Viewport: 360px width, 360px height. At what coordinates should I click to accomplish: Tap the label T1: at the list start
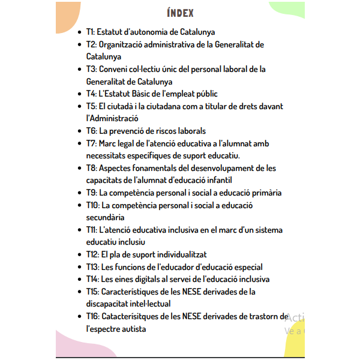pyautogui.click(x=90, y=32)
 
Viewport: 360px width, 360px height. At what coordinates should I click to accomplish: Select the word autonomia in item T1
pyautogui.click(x=155, y=32)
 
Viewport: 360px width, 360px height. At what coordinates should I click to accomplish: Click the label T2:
pyautogui.click(x=91, y=44)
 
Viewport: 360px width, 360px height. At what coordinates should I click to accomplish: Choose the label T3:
pyautogui.click(x=91, y=69)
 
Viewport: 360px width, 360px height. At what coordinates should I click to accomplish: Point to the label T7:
pyautogui.click(x=91, y=143)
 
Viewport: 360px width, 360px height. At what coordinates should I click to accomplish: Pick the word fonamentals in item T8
pyautogui.click(x=157, y=168)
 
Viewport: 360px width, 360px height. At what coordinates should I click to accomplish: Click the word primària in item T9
pyautogui.click(x=265, y=193)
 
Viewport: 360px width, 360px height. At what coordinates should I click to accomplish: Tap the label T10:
pyautogui.click(x=92, y=205)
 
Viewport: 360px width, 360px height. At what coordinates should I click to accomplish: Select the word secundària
pyautogui.click(x=106, y=217)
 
